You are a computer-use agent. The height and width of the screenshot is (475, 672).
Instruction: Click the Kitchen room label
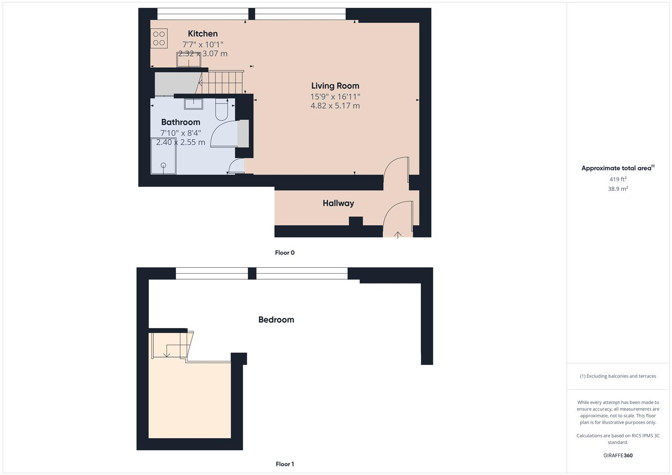[202, 34]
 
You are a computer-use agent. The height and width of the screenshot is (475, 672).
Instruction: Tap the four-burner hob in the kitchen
[159, 38]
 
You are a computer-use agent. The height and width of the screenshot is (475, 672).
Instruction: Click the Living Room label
[335, 86]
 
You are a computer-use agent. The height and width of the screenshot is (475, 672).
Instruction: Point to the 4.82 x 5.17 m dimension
[335, 106]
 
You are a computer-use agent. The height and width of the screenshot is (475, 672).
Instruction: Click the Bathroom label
[180, 122]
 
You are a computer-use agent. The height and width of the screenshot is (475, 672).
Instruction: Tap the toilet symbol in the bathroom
[221, 110]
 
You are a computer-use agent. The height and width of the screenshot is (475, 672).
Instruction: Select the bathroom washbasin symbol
[193, 104]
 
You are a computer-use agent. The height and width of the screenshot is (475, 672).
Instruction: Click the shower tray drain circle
[164, 165]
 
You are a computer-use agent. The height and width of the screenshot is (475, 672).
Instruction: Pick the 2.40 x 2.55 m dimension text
[180, 142]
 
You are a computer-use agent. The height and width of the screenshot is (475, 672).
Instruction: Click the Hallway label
[338, 203]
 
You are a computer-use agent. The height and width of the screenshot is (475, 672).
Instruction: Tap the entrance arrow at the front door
[398, 235]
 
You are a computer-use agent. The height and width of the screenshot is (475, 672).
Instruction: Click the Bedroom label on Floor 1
[276, 320]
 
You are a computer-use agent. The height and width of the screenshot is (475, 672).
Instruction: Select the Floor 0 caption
[285, 253]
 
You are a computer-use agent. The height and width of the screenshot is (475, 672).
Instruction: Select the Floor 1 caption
[285, 464]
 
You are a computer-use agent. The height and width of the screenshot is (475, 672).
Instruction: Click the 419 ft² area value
[618, 179]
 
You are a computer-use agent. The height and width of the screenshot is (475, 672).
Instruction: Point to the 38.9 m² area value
[618, 189]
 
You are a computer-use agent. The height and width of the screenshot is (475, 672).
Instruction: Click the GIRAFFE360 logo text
[618, 456]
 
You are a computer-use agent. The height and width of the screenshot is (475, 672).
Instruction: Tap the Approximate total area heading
[617, 168]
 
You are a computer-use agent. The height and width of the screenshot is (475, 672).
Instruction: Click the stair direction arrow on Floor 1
[167, 353]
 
